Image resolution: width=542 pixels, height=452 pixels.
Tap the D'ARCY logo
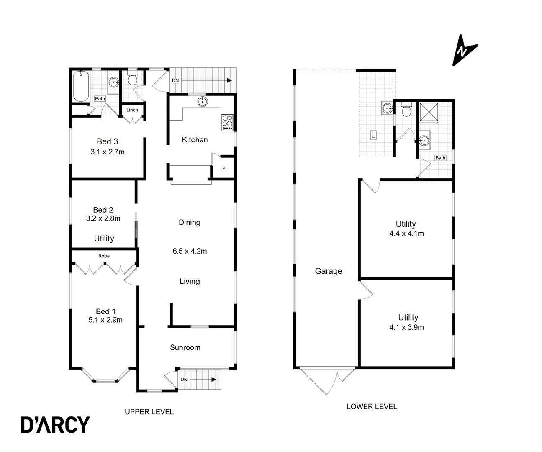(55, 424)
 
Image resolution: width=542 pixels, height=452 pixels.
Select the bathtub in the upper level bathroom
(80, 87)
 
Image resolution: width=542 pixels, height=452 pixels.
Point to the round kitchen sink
(203, 101)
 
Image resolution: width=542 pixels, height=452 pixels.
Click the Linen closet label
(132, 110)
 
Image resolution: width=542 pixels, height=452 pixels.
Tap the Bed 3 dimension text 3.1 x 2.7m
(108, 152)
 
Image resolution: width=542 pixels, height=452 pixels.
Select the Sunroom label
(185, 347)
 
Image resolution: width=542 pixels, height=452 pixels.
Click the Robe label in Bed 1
(104, 256)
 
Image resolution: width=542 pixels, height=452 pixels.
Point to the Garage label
(328, 271)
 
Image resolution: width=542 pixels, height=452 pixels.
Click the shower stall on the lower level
(429, 112)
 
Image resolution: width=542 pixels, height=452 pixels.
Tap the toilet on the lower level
(406, 110)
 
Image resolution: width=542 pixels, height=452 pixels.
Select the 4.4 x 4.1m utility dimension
(406, 234)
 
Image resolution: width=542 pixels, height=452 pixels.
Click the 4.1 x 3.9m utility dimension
(406, 327)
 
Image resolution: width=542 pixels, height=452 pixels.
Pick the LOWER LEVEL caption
(372, 406)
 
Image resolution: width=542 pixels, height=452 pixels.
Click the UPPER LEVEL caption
(149, 412)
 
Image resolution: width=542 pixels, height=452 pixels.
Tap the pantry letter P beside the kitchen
(224, 168)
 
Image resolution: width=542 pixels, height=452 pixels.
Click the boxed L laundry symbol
(373, 135)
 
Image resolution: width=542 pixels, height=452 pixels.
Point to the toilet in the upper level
(133, 79)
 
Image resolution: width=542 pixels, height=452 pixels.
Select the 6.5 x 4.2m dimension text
(190, 251)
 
